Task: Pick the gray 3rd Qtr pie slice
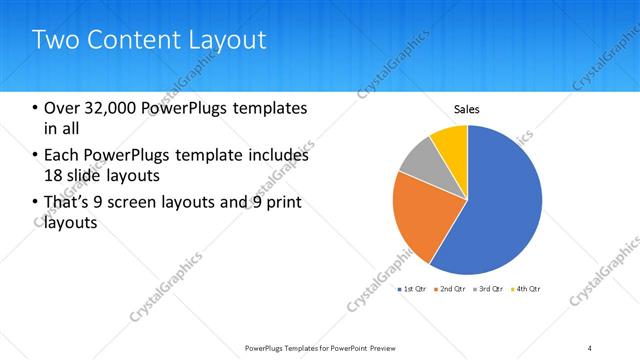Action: click(x=421, y=163)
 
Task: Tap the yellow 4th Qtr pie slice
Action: click(x=452, y=142)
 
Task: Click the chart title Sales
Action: click(x=467, y=109)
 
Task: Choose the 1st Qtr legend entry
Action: click(x=412, y=289)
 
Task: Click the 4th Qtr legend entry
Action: click(x=526, y=289)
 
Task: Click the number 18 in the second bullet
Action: click(x=52, y=175)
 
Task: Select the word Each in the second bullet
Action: click(x=61, y=155)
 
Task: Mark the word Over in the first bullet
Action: click(x=62, y=108)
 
